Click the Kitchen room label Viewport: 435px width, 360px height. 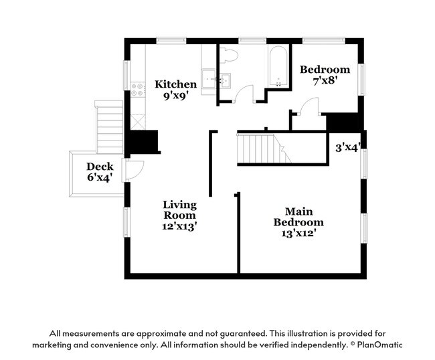pos(175,84)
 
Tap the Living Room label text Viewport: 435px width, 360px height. pos(180,210)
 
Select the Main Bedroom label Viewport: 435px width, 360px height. pos(298,217)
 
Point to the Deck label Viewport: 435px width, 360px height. pos(100,167)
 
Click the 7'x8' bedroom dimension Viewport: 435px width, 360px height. pos(325,81)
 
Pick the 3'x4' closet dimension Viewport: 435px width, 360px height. pos(348,148)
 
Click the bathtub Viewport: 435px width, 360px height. pos(278,67)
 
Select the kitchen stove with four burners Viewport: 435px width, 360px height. pos(138,89)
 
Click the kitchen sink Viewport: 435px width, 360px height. pos(209,78)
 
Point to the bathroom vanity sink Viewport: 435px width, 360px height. pos(226,81)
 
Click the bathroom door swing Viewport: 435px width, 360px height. pos(244,94)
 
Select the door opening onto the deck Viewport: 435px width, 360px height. pos(135,170)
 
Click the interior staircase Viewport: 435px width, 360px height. pos(264,149)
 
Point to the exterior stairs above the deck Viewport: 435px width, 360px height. pos(109,127)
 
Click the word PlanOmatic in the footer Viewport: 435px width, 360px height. pos(380,345)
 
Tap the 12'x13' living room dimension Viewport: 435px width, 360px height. pos(180,226)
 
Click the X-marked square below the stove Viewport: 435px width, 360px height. pos(138,122)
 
